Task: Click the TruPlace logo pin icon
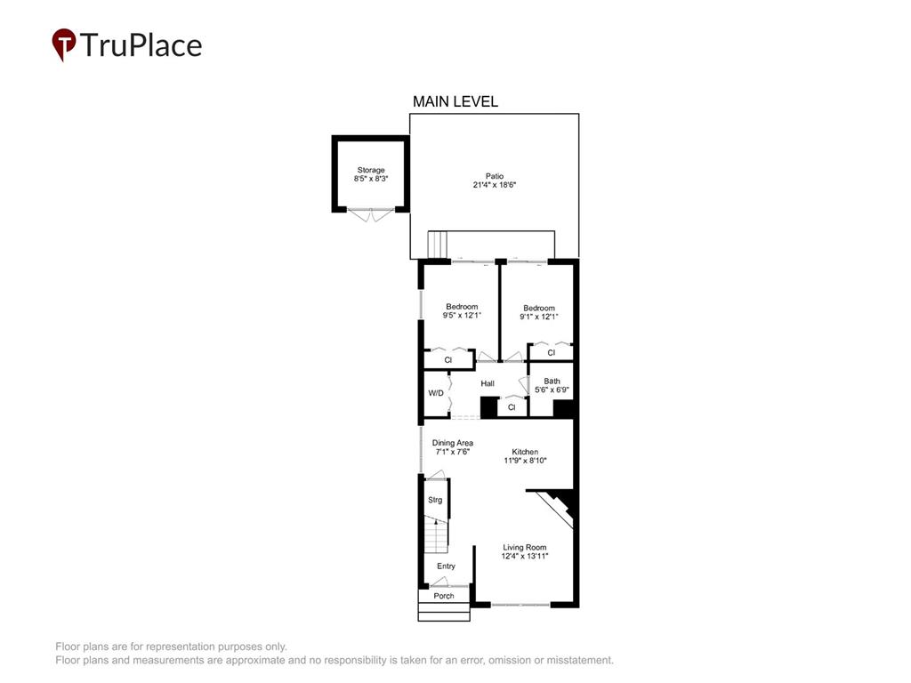(64, 44)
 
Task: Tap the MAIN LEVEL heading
(455, 101)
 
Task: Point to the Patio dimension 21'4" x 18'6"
(495, 185)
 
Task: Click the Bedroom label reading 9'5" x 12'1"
(462, 311)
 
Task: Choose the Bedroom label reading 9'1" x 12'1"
(538, 312)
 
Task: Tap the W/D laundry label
(436, 393)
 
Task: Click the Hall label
(488, 383)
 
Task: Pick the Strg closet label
(435, 500)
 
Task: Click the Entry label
(447, 566)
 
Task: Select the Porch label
(444, 596)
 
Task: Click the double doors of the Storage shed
(371, 214)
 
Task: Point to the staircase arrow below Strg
(436, 522)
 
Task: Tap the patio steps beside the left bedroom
(439, 245)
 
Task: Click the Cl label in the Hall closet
(512, 407)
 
